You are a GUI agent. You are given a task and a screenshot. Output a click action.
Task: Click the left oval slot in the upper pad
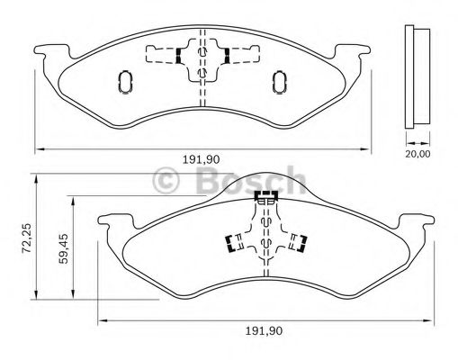coord(125,83)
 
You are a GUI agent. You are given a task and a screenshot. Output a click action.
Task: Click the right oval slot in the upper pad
coord(278,83)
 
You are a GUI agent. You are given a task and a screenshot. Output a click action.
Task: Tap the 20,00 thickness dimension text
coord(416,153)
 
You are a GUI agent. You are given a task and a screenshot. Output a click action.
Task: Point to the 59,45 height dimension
coord(63,244)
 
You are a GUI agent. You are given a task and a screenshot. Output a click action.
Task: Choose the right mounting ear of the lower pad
coord(419,220)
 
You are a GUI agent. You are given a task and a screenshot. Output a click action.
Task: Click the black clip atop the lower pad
coord(266,195)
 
